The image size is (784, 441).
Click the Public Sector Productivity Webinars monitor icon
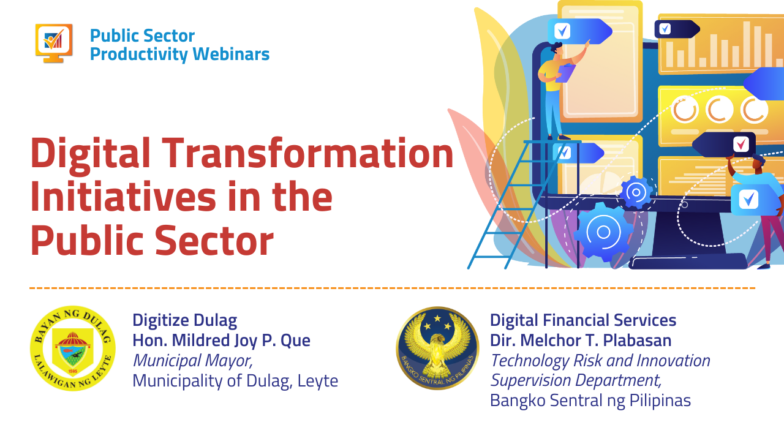[x=54, y=43]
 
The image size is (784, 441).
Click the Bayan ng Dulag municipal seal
[x=72, y=349]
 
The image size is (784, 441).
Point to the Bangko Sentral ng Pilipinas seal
[x=437, y=348]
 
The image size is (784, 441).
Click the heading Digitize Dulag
[x=184, y=320]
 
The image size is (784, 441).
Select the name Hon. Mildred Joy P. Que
[x=221, y=340]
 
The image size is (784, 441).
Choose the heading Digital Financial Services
[x=582, y=320]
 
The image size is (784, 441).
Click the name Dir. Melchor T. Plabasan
[x=580, y=340]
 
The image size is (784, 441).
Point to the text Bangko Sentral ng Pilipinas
[x=590, y=401]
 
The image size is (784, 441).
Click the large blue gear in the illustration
[x=603, y=232]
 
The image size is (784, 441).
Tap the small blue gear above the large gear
[x=636, y=192]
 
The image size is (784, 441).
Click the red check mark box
[x=741, y=145]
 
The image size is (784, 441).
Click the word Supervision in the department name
[x=528, y=380]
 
